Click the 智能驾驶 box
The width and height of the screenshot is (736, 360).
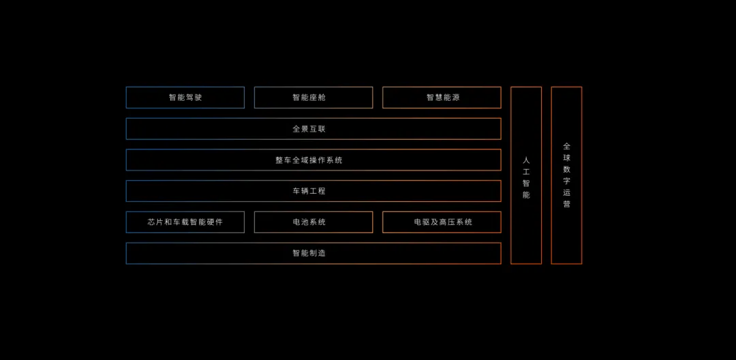pyautogui.click(x=185, y=97)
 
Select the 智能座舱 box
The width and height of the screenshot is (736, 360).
pyautogui.click(x=313, y=97)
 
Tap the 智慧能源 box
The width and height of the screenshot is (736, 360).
pyautogui.click(x=442, y=97)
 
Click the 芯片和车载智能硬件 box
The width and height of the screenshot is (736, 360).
pyautogui.click(x=185, y=222)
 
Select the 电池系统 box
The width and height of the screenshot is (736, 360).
pyautogui.click(x=313, y=222)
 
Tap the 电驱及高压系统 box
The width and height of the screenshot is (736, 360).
pyautogui.click(x=442, y=222)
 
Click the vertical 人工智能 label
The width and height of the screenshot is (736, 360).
pyautogui.click(x=526, y=177)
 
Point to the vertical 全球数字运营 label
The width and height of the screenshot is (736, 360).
pyautogui.click(x=567, y=175)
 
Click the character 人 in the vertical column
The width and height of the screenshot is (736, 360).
pyautogui.click(x=526, y=160)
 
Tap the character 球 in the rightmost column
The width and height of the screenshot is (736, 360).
pyautogui.click(x=567, y=158)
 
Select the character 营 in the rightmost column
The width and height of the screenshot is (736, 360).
pyautogui.click(x=567, y=204)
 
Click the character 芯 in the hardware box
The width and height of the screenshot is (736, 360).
pyautogui.click(x=151, y=222)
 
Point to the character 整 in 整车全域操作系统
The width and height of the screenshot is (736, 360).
pyautogui.click(x=279, y=160)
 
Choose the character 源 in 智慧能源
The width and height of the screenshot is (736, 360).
pyautogui.click(x=455, y=97)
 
